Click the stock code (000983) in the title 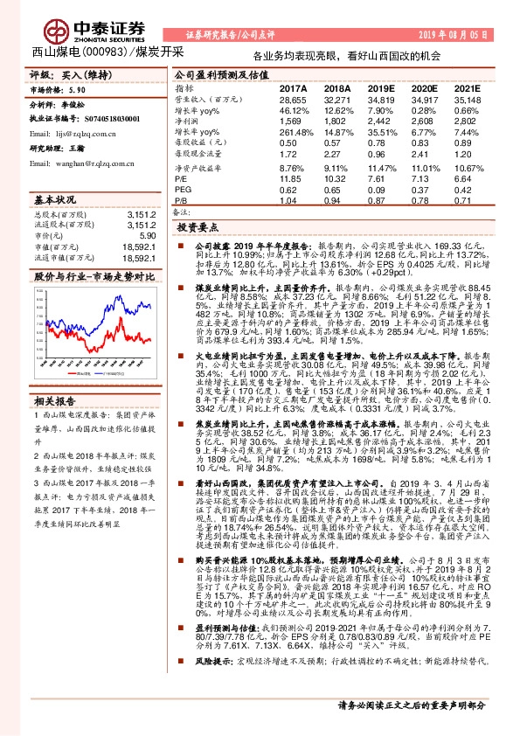point(102,52)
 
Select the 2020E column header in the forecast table point(421,89)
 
